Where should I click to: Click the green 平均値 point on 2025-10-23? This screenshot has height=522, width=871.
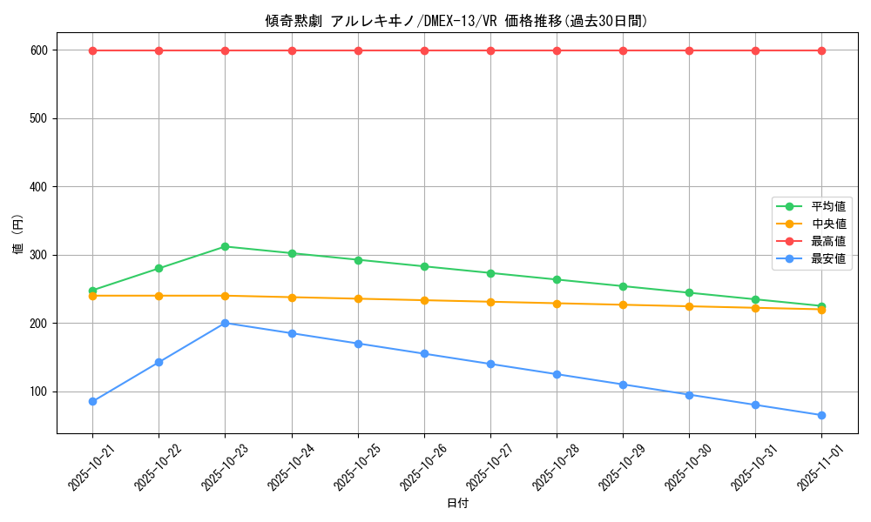coord(225,246)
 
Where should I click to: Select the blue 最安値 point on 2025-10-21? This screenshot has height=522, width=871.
coord(92,401)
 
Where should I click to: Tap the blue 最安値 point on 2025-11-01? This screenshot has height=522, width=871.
coord(821,415)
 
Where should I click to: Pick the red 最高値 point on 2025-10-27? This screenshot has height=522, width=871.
coord(490,50)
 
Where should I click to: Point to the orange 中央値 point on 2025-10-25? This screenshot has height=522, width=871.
coord(358,298)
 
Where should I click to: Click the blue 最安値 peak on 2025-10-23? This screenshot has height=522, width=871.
coord(225,323)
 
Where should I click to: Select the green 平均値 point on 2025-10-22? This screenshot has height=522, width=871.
coord(159,268)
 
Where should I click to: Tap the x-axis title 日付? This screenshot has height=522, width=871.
coord(456,504)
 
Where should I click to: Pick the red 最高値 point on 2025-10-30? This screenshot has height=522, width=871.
coord(689,50)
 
